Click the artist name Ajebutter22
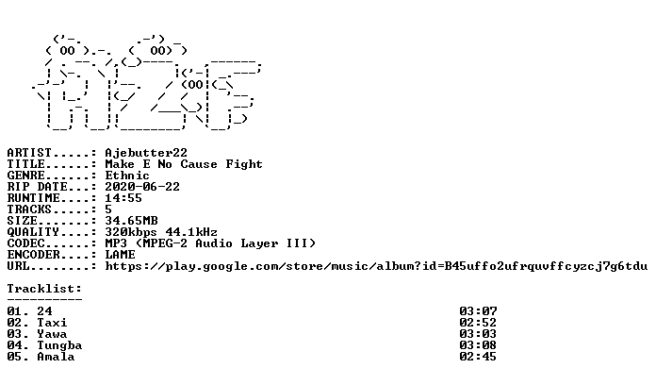146,153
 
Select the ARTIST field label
29,153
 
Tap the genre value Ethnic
127,176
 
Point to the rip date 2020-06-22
142,187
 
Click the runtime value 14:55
123,198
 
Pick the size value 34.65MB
131,221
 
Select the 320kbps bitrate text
131,232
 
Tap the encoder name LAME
120,254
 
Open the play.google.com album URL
376,266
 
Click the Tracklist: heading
44,288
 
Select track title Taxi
52,322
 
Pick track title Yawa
52,333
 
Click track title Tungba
59,345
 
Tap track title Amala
56,356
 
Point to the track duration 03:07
478,310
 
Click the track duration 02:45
478,356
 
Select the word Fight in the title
244,164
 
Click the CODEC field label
25,243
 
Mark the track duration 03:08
478,344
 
